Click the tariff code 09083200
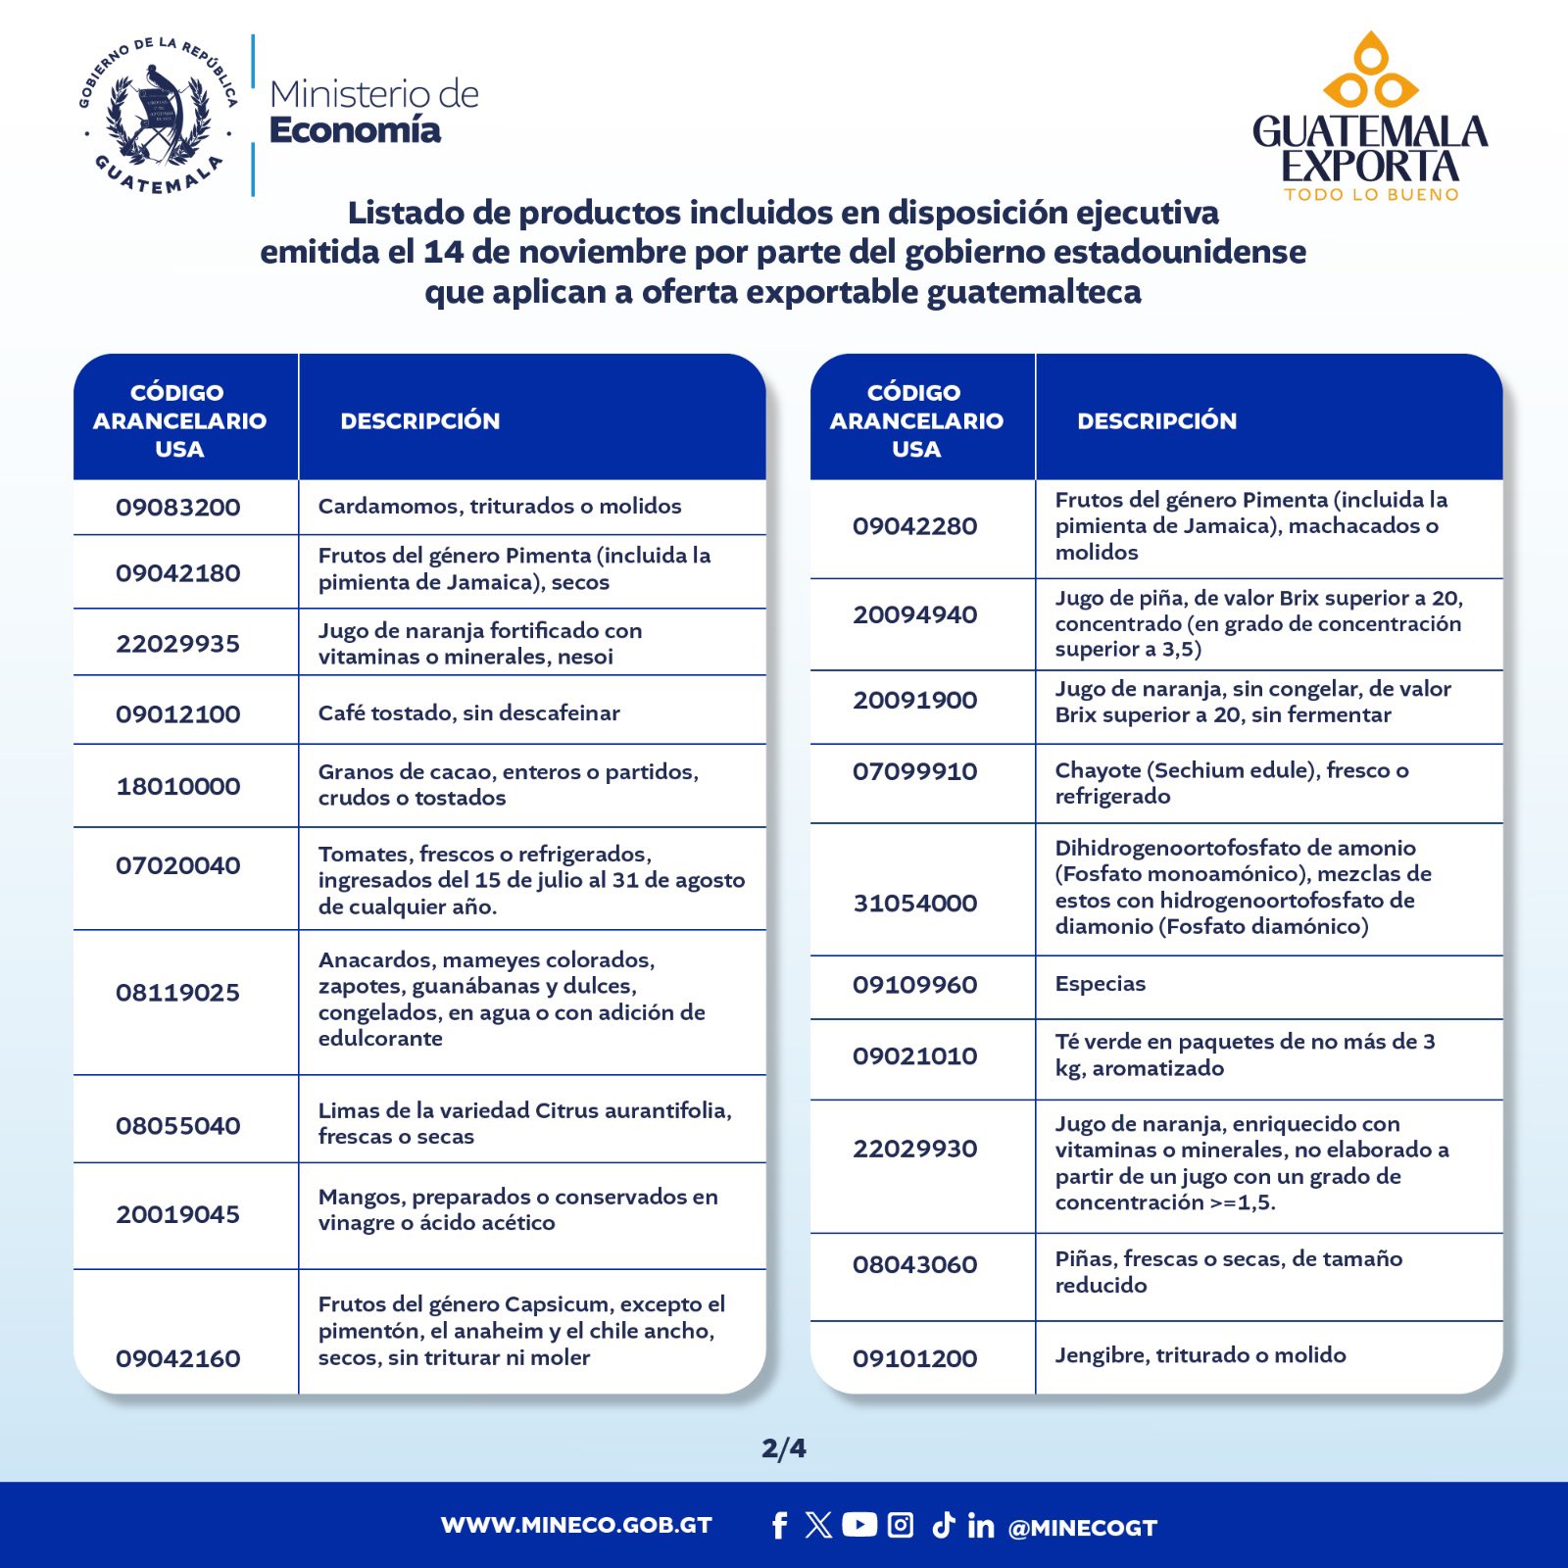[177, 508]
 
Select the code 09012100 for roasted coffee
[177, 714]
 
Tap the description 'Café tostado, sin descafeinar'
[468, 713]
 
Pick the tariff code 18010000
[177, 786]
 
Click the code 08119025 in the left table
[177, 993]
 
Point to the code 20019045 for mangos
[177, 1215]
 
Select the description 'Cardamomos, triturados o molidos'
[499, 507]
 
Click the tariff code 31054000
[914, 904]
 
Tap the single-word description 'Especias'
[1100, 984]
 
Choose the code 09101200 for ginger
[914, 1358]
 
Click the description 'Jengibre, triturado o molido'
[1200, 1355]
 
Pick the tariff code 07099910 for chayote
[914, 771]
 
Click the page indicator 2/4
[784, 1447]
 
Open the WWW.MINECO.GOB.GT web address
[576, 1526]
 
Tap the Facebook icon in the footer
[779, 1526]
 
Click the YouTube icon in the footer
[859, 1525]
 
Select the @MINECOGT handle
[1082, 1528]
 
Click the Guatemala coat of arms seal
[158, 116]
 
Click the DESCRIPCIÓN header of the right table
[1156, 421]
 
